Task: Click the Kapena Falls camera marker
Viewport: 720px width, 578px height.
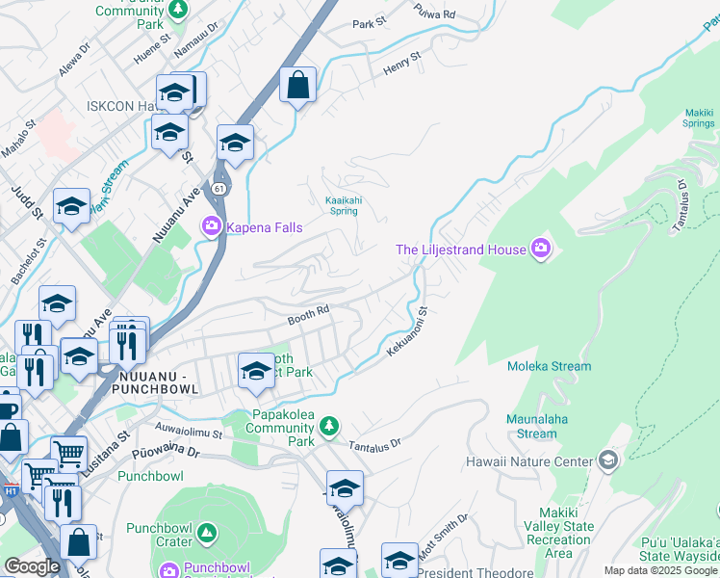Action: [211, 227]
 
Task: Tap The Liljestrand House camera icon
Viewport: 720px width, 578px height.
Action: [541, 250]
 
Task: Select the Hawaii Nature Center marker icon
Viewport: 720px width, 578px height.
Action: [607, 461]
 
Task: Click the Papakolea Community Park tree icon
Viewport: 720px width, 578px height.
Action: [329, 425]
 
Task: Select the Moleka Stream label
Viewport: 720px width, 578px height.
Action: [550, 366]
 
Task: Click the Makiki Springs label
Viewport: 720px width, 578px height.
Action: [698, 118]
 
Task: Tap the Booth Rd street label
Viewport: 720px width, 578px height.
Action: [308, 316]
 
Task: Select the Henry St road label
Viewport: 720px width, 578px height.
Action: [402, 65]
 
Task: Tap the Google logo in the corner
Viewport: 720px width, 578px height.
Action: [32, 566]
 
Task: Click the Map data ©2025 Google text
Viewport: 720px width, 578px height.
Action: [660, 570]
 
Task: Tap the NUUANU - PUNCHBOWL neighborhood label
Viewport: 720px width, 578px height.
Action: [155, 381]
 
